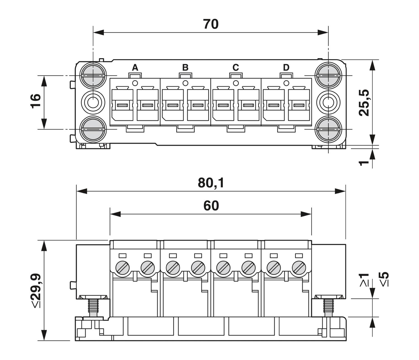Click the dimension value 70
211,24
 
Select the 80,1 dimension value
211,183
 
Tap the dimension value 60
211,206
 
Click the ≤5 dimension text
384,279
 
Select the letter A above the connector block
135,67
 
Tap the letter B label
185,67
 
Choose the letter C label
235,67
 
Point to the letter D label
286,67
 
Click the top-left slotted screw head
93,75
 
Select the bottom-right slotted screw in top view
328,129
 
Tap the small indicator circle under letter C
235,83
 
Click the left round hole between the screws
93,102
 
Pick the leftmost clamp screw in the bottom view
122,268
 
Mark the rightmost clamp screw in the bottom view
299,268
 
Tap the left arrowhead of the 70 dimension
99,32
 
